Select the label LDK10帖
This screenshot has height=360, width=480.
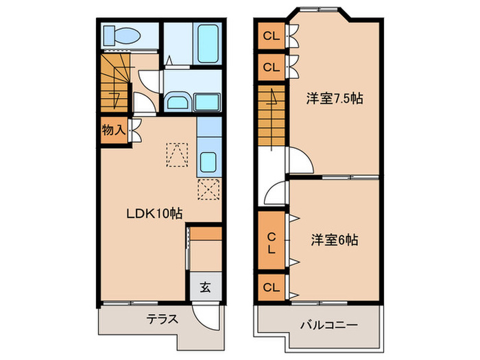click(x=154, y=213)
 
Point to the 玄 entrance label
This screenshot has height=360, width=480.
click(x=204, y=287)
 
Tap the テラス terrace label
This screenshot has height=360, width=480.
click(x=162, y=319)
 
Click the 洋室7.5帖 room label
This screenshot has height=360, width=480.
click(x=334, y=99)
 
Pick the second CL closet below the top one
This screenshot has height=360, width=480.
click(x=272, y=67)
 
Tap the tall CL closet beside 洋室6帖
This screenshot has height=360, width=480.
click(x=272, y=242)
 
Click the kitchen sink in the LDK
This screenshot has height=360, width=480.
click(x=208, y=163)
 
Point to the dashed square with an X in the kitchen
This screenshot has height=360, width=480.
click(x=208, y=189)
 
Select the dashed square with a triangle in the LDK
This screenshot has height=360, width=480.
click(x=177, y=154)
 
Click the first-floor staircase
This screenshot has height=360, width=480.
click(x=115, y=82)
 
